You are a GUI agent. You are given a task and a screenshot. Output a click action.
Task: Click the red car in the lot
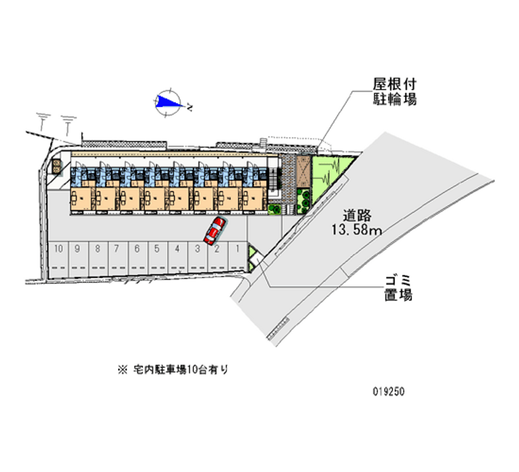click(x=214, y=230)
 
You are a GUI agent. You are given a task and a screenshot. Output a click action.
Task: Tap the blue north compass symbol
click(x=169, y=101)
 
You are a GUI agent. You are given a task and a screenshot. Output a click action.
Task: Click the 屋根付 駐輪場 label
click(x=394, y=92)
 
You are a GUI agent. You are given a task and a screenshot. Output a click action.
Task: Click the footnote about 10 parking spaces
click(x=173, y=369)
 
